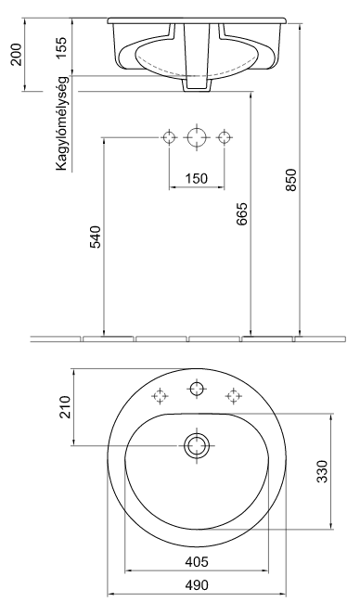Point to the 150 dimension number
pyautogui.click(x=195, y=178)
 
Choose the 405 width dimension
pyautogui.click(x=195, y=560)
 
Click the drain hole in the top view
pyautogui.click(x=196, y=445)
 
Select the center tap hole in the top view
pyautogui.click(x=196, y=389)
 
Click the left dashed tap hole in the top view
pyautogui.click(x=160, y=395)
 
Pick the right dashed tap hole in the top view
pyautogui.click(x=232, y=395)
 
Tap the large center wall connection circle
pyautogui.click(x=196, y=137)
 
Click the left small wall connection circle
pyautogui.click(x=168, y=137)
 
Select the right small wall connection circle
pyautogui.click(x=224, y=137)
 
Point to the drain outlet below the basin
pyautogui.click(x=197, y=83)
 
